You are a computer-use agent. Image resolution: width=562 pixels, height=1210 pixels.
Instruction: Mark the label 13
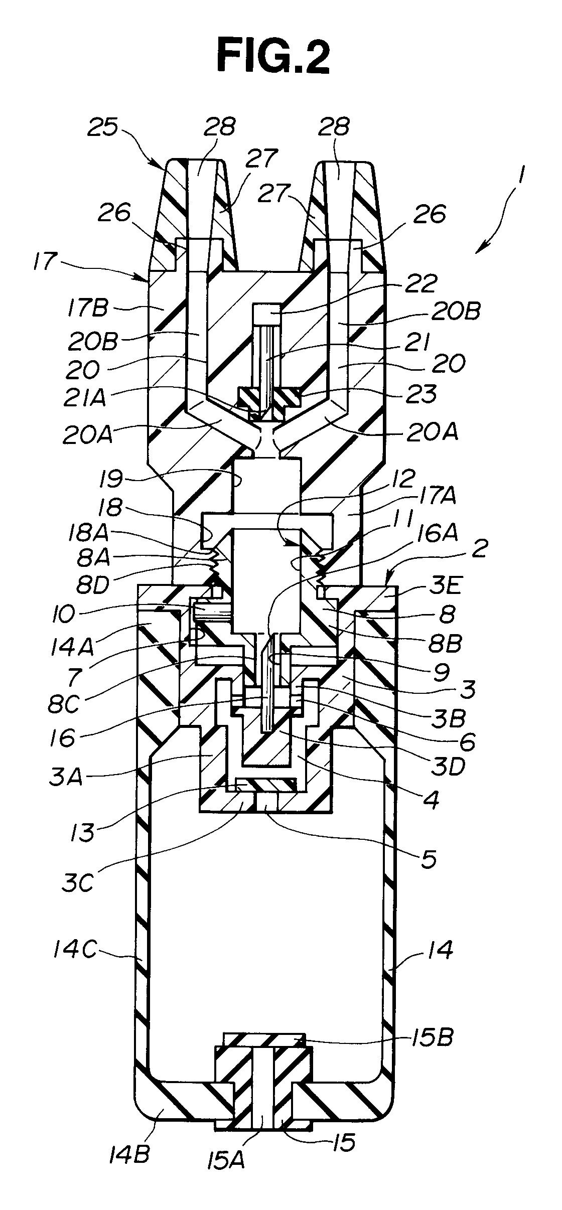[81, 831]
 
